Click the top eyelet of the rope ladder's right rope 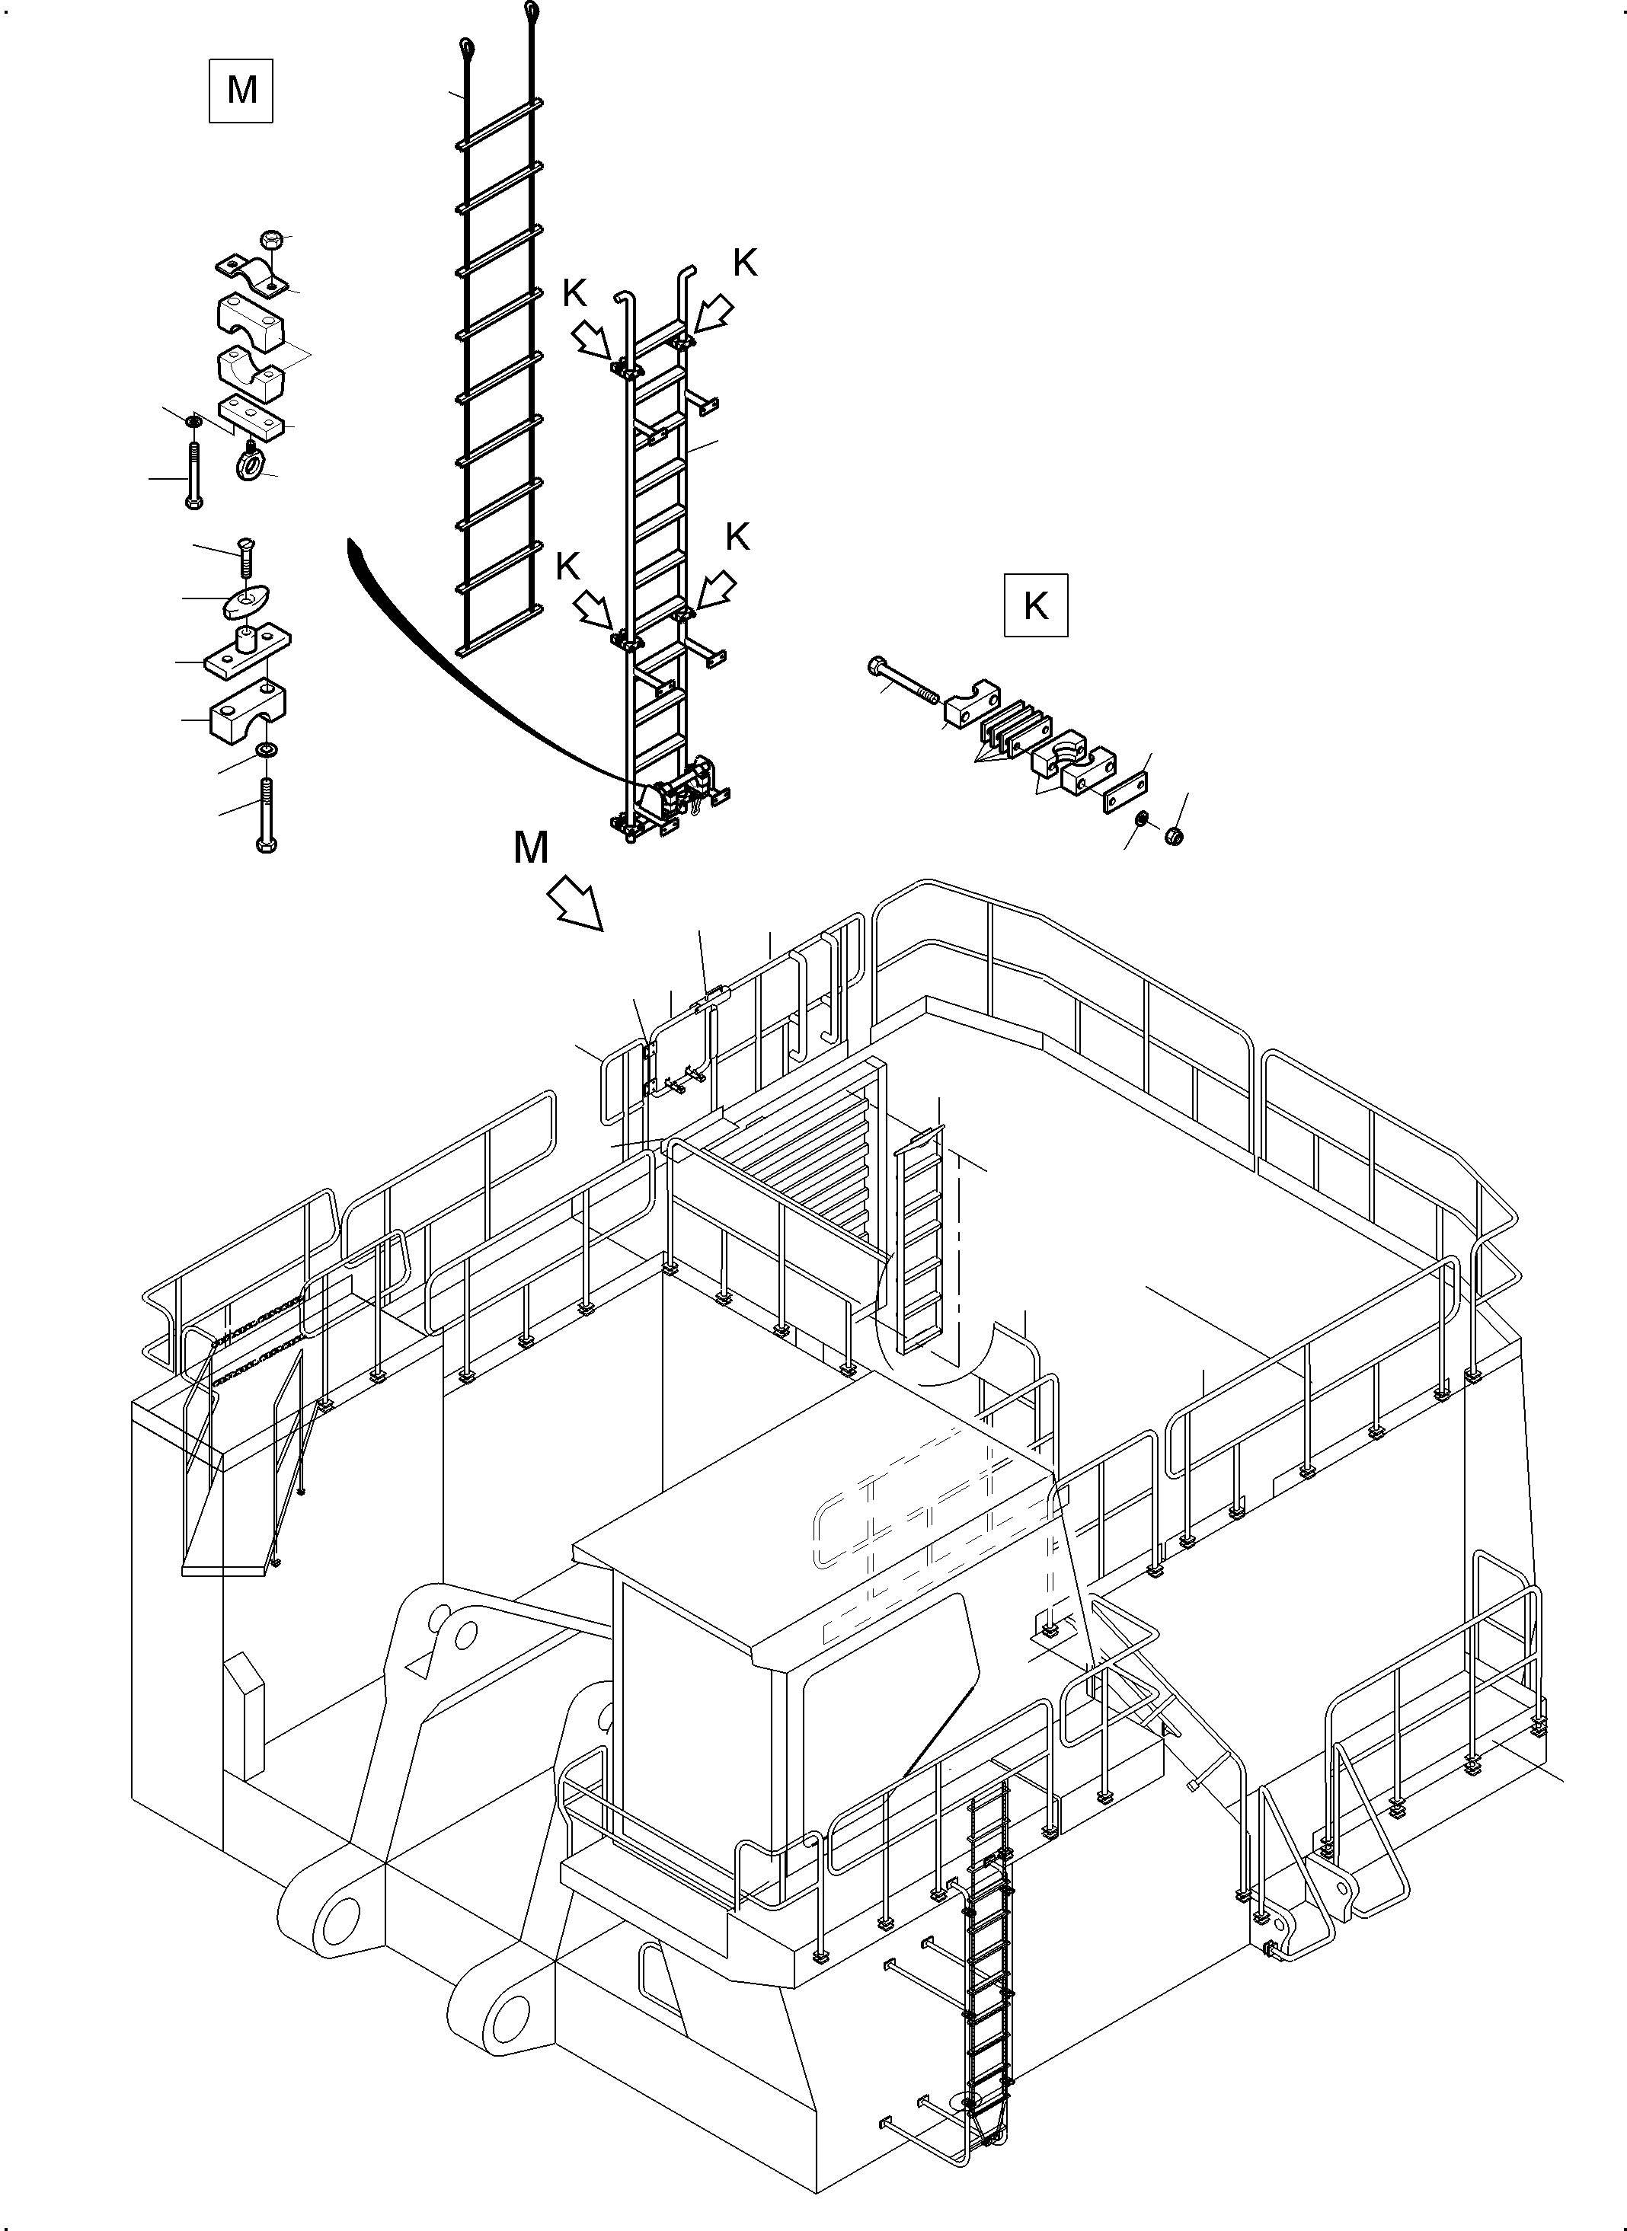coord(533,12)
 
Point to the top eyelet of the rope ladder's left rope coord(467,46)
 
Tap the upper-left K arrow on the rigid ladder coord(592,342)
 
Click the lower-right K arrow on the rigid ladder coord(715,590)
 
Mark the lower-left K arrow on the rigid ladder coord(595,608)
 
